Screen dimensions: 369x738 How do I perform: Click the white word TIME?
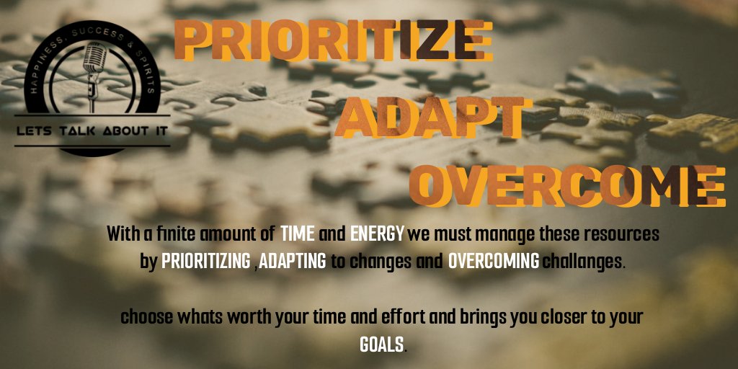click(x=297, y=235)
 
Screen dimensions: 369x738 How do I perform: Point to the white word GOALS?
click(x=381, y=344)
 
